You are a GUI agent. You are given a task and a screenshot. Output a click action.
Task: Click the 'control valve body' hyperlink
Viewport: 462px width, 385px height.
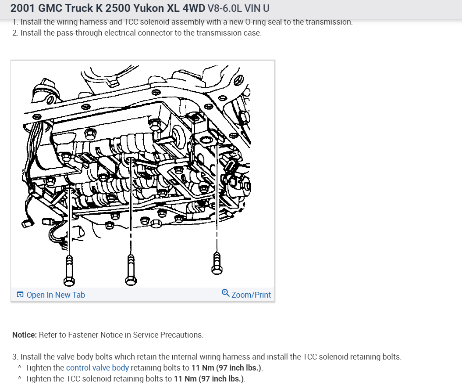[x=97, y=368]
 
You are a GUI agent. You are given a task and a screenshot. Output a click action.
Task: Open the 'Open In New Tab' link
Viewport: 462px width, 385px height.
[x=55, y=295]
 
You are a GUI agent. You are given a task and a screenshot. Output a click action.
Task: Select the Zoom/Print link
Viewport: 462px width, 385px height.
[x=251, y=295]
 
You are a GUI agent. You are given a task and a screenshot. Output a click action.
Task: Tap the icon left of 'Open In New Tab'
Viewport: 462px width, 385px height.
[x=20, y=295]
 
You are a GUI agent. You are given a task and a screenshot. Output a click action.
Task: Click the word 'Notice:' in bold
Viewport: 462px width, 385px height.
[x=25, y=335]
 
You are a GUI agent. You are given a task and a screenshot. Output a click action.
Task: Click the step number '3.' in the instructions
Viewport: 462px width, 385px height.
[x=16, y=357]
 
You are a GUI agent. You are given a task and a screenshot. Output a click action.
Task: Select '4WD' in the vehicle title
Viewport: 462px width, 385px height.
[x=192, y=8]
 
